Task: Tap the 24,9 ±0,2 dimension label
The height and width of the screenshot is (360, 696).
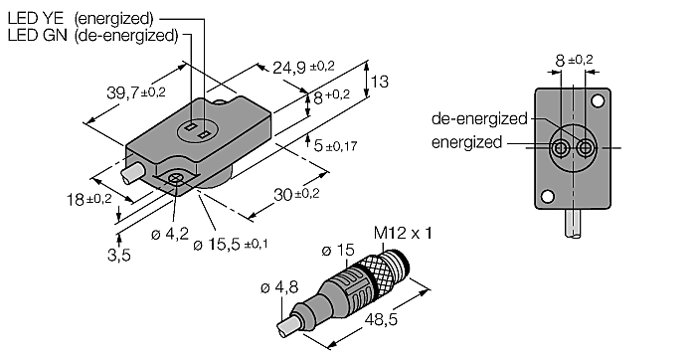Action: [304, 68]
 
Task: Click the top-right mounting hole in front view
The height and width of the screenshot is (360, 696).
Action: [598, 101]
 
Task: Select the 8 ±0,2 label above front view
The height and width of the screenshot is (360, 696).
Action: [575, 62]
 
